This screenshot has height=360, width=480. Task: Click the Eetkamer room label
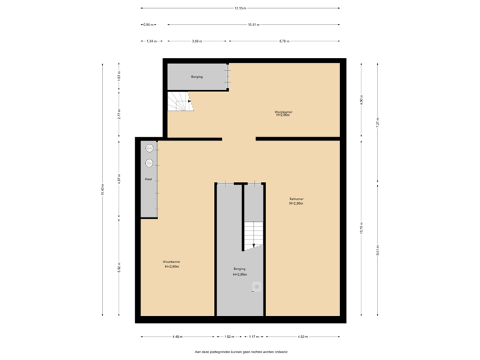pyautogui.click(x=297, y=201)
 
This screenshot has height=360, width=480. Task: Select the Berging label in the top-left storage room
pyautogui.click(x=197, y=77)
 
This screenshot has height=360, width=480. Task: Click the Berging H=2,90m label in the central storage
pyautogui.click(x=240, y=272)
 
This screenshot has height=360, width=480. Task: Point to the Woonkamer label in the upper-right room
pyautogui.click(x=283, y=113)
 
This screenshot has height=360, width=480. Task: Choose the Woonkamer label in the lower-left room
pyautogui.click(x=171, y=264)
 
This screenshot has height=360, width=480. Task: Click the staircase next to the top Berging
pyautogui.click(x=179, y=103)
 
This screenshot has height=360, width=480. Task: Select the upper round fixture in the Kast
pyautogui.click(x=150, y=148)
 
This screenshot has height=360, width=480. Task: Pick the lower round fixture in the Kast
pyautogui.click(x=150, y=163)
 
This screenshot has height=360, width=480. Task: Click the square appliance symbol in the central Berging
pyautogui.click(x=257, y=287)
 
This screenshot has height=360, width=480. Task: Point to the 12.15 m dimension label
pyautogui.click(x=240, y=9)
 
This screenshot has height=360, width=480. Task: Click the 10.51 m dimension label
pyautogui.click(x=253, y=25)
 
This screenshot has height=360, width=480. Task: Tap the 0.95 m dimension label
pyautogui.click(x=148, y=25)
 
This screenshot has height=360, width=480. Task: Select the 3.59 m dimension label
pyautogui.click(x=197, y=41)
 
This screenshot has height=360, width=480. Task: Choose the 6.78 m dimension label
pyautogui.click(x=283, y=41)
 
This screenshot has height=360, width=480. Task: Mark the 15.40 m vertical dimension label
pyautogui.click(x=103, y=190)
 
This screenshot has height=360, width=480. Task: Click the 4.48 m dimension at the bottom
pyautogui.click(x=178, y=337)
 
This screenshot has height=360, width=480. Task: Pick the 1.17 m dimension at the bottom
pyautogui.click(x=253, y=337)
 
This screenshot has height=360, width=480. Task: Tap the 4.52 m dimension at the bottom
pyautogui.click(x=301, y=337)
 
